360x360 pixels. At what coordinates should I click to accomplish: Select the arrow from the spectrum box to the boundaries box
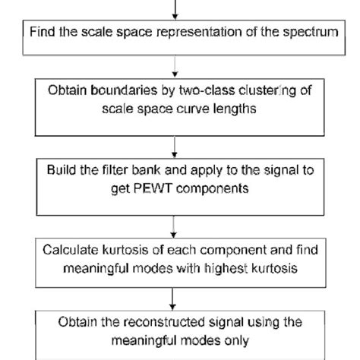coord(175,65)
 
